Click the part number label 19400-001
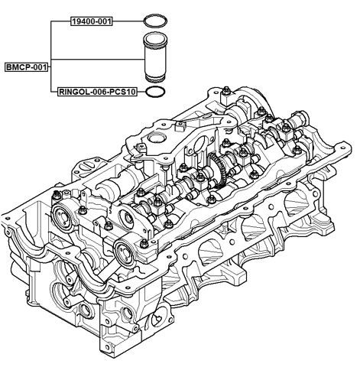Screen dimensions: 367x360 [x=90, y=21]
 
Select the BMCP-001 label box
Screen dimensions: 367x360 [x=25, y=67]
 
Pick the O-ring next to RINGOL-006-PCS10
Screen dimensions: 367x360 [x=155, y=92]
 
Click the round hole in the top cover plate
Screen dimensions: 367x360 [x=157, y=139]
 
